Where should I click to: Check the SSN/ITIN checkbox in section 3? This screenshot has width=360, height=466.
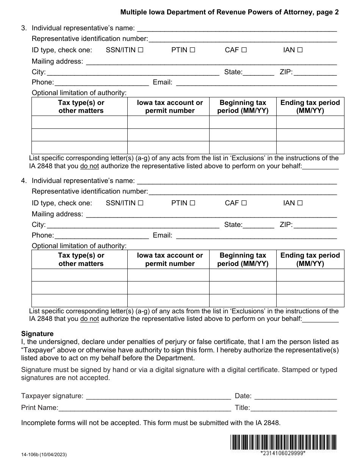click(141, 50)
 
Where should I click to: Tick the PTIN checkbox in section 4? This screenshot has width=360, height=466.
click(192, 203)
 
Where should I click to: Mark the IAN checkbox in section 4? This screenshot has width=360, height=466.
click(300, 203)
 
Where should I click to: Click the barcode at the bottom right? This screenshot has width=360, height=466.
click(283, 442)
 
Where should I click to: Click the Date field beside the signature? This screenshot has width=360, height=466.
click(295, 396)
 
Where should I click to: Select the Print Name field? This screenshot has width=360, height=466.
click(144, 408)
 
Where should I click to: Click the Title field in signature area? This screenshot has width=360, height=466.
click(294, 408)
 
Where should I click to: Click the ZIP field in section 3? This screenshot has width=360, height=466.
click(315, 72)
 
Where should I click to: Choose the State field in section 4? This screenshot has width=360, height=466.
click(258, 225)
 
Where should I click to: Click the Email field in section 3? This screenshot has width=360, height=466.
click(257, 83)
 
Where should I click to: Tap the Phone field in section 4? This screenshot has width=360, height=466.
click(102, 236)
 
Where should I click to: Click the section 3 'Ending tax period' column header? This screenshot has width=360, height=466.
click(310, 106)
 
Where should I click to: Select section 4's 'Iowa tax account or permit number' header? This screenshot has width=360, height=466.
click(170, 260)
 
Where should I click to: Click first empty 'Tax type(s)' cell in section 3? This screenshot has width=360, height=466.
click(79, 122)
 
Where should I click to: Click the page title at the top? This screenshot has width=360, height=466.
click(230, 12)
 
